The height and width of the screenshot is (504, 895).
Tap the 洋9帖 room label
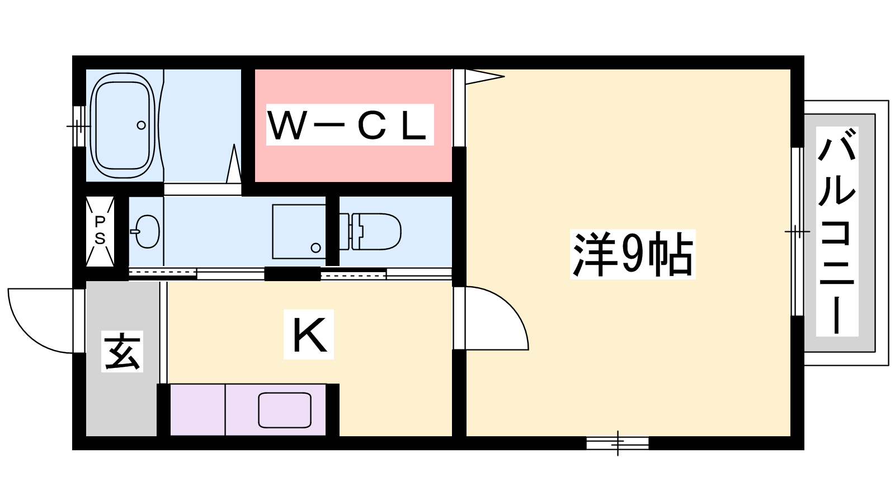coord(632,254)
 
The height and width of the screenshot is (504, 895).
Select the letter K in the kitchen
coord(308,334)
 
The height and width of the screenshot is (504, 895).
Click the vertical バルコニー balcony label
coord(837,232)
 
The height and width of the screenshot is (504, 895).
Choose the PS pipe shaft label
coord(100,231)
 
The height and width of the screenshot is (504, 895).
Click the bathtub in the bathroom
coord(123,125)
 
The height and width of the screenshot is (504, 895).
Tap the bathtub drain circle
coord(141,125)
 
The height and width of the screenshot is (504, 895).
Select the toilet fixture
coord(370,232)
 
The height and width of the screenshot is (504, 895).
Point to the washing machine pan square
coord(299,232)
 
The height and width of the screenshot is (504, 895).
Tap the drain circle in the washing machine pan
coord(315,248)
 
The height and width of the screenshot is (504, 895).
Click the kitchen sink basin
coord(285,410)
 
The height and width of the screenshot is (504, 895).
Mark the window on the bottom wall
coord(618,443)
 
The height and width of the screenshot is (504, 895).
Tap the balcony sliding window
coord(798,232)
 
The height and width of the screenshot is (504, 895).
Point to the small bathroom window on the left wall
coord(79,126)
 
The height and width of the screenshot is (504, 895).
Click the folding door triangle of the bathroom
coord(234,165)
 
